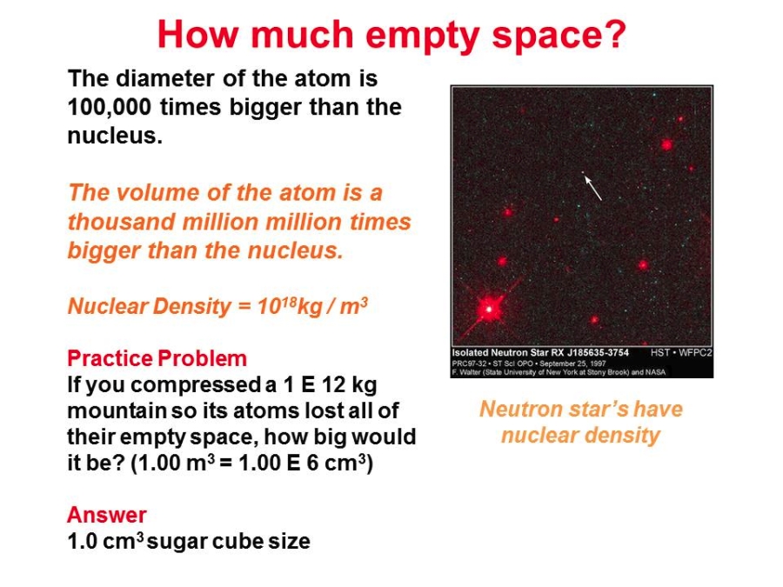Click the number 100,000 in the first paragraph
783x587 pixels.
click(x=109, y=107)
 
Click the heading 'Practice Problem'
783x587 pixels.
click(x=157, y=358)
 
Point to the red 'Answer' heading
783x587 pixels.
click(x=107, y=515)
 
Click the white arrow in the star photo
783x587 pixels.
click(x=593, y=187)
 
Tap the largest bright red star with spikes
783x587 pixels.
click(x=488, y=309)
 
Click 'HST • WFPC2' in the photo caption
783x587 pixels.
click(x=681, y=353)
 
